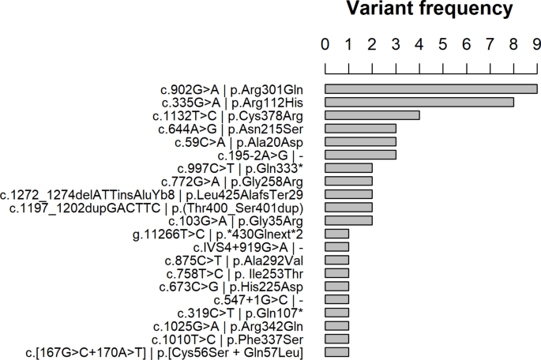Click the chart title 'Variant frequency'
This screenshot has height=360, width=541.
click(431, 10)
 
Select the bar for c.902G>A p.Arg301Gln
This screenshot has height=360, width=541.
click(430, 89)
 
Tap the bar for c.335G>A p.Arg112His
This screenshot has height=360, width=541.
click(419, 102)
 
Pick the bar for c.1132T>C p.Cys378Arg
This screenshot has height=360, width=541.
click(372, 115)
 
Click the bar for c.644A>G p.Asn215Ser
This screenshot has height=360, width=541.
click(360, 128)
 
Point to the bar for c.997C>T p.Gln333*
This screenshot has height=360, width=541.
click(348, 167)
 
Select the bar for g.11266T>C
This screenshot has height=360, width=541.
click(336, 233)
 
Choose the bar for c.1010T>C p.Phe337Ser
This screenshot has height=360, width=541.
click(336, 338)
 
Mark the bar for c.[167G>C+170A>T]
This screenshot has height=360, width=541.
click(336, 351)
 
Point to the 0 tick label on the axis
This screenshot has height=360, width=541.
click(325, 44)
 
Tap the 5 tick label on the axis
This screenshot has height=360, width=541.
click(443, 44)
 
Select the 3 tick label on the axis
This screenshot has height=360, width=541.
click(396, 44)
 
